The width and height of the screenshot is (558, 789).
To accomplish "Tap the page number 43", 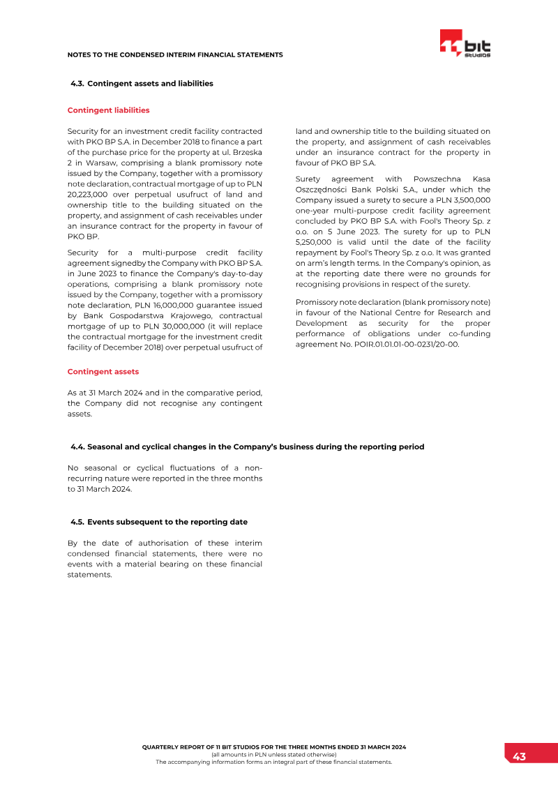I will point(519,757).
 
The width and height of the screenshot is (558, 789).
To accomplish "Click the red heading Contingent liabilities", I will point(108,110).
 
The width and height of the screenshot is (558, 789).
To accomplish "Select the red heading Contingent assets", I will point(103,372).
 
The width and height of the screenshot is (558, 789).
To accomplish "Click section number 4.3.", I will point(77,84).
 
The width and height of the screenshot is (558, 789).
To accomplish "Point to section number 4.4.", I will point(77,447).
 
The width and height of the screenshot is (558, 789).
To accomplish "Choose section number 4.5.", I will point(77,522).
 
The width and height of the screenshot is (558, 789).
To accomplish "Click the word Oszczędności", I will point(324,190).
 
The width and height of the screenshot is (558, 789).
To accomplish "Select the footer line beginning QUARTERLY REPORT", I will point(273,747).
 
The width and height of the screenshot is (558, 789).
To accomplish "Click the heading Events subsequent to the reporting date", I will point(167,522).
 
